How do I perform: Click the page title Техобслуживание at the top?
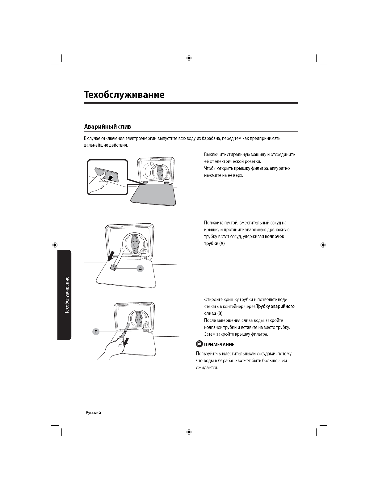pyautogui.click(x=124, y=94)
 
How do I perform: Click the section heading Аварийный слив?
pyautogui.click(x=107, y=127)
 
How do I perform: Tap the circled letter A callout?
pyautogui.click(x=141, y=269)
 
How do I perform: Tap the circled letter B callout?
pyautogui.click(x=96, y=332)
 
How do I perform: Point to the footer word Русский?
pyautogui.click(x=93, y=413)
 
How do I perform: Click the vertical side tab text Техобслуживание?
pyautogui.click(x=66, y=294)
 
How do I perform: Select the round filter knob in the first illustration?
pyautogui.click(x=159, y=172)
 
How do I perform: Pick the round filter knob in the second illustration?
pyautogui.click(x=135, y=243)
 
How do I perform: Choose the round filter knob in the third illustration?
pyautogui.click(x=138, y=319)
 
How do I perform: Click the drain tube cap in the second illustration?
pyautogui.click(x=113, y=268)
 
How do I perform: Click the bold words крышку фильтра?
pyautogui.click(x=250, y=169)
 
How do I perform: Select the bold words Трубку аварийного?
pyautogui.click(x=275, y=307)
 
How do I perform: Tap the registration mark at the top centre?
pyautogui.click(x=189, y=58)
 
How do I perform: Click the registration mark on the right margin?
pyautogui.click(x=323, y=245)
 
